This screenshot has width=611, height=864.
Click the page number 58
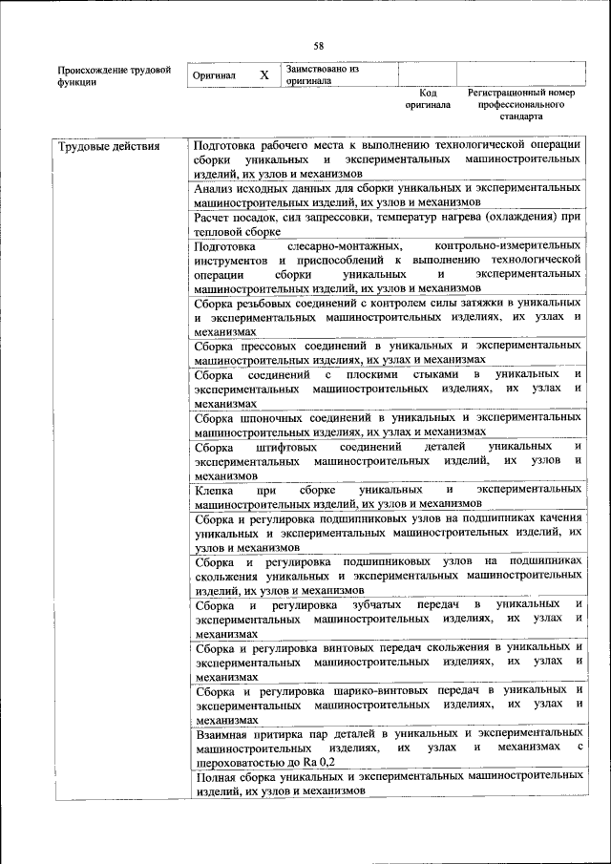pos(319,46)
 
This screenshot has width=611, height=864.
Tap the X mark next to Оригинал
pos(264,74)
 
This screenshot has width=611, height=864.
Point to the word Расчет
pos(213,217)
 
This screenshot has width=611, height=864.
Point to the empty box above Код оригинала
pos(426,74)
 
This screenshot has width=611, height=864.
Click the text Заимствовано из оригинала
pos(322,74)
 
